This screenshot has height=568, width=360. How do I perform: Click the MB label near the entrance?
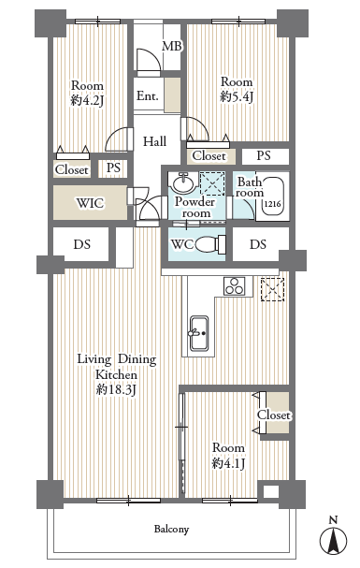coord(171,47)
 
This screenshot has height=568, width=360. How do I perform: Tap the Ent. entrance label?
coord(147,96)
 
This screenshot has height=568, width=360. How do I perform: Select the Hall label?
coord(154,141)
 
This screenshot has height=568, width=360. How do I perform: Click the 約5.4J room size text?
coord(237,96)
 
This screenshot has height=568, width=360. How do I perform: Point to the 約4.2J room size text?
coord(87,100)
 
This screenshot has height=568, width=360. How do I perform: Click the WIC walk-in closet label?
coord(90,203)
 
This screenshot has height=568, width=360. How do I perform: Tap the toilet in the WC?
coord(211,244)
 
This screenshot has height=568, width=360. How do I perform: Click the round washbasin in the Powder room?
coord(184,182)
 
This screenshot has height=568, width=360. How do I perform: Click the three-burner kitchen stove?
coord(234,285)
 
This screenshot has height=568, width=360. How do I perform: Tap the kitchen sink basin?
coord(199,333)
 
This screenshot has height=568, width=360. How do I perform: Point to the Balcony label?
coord(171,530)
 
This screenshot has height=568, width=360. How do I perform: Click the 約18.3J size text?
coord(117,390)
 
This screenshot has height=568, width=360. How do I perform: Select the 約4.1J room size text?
coord(229,463)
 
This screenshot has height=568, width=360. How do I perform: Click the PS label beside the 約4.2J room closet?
coord(113,167)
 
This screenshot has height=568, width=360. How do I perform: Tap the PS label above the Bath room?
coord(264,155)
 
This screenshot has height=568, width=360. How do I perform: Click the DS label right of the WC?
coord(258,244)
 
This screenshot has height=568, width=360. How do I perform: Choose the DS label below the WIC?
coord(81,244)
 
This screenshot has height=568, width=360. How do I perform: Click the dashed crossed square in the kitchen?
coord(272,289)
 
